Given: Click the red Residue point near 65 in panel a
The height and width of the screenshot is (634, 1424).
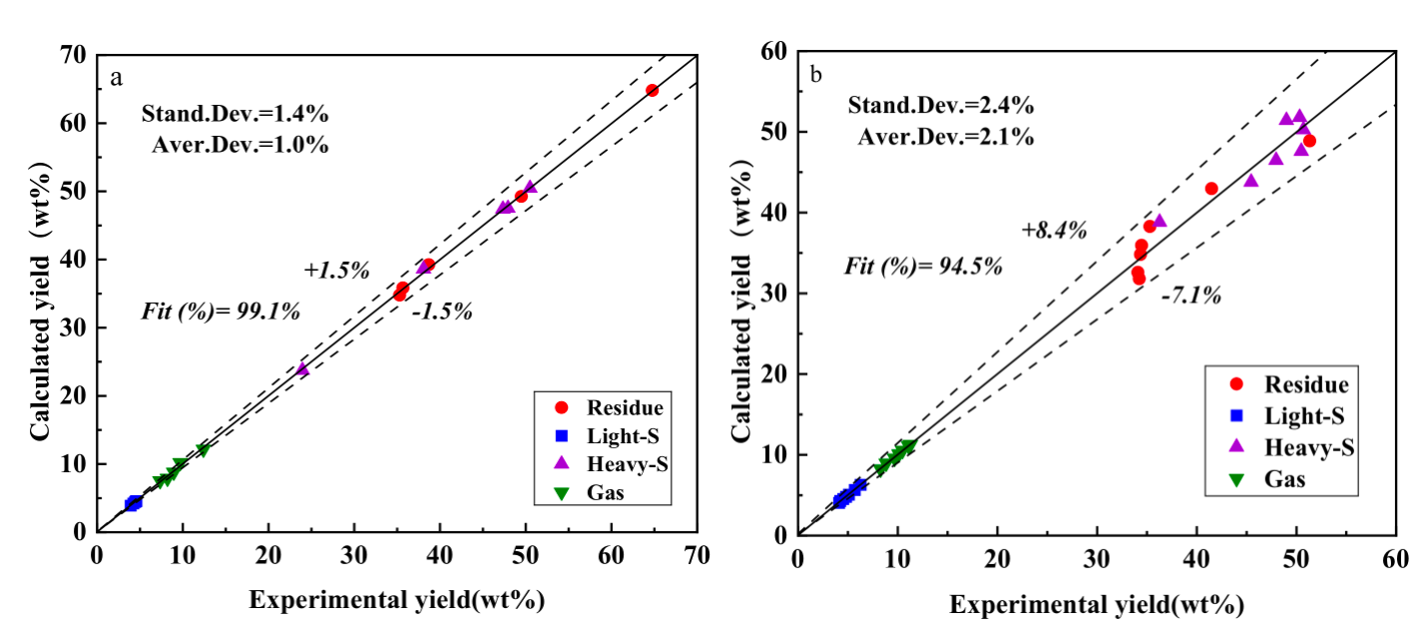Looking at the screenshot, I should click(652, 90).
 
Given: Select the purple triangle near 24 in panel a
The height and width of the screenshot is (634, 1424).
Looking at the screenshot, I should click(302, 369).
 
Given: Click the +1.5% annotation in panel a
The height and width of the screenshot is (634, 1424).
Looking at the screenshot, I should click(337, 271).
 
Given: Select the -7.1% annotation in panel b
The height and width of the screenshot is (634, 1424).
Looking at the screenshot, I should click(1190, 296).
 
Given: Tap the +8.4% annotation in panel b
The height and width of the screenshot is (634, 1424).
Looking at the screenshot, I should click(1054, 231).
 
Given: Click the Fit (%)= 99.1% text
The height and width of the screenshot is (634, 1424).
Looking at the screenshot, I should click(221, 312).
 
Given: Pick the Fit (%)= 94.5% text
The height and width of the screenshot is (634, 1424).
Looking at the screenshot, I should click(923, 267).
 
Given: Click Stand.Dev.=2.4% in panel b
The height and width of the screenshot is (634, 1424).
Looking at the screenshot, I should click(940, 106).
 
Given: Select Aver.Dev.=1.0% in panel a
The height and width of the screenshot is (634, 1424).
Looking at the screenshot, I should click(240, 145).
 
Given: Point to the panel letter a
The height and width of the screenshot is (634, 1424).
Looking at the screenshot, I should click(117, 79).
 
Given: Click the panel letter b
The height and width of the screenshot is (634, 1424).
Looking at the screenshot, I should click(816, 73).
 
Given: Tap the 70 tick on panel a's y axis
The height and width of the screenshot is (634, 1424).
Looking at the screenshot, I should click(78, 55).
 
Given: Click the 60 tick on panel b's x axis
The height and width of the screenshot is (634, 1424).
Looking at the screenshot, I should click(1394, 556).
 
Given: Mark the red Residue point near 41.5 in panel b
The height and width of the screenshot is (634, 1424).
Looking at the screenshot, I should click(1211, 188).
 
